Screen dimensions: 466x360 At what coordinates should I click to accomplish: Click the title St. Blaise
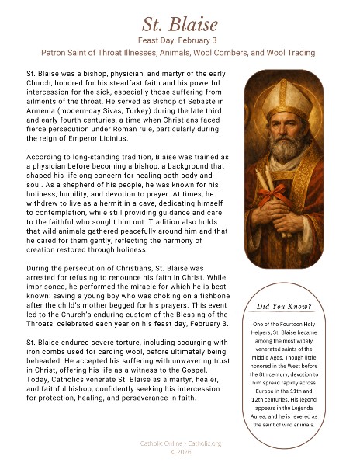179,20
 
